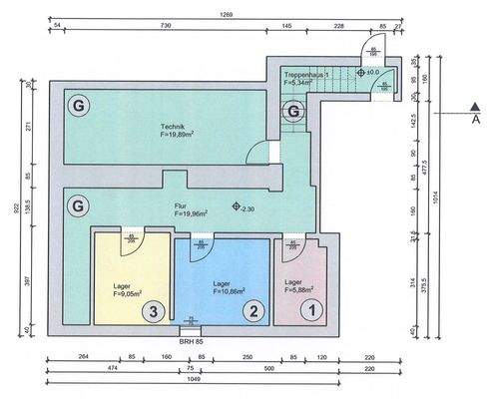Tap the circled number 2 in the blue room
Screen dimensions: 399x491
pyautogui.click(x=254, y=311)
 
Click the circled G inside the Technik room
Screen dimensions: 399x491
pyautogui.click(x=76, y=104)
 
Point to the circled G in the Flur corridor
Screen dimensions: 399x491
pyautogui.click(x=76, y=206)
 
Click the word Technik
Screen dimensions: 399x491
pyautogui.click(x=174, y=127)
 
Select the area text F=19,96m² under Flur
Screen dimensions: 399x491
pyautogui.click(x=190, y=213)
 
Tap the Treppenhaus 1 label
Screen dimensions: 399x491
pyautogui.click(x=305, y=75)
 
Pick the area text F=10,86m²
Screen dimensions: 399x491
pyautogui.click(x=231, y=294)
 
